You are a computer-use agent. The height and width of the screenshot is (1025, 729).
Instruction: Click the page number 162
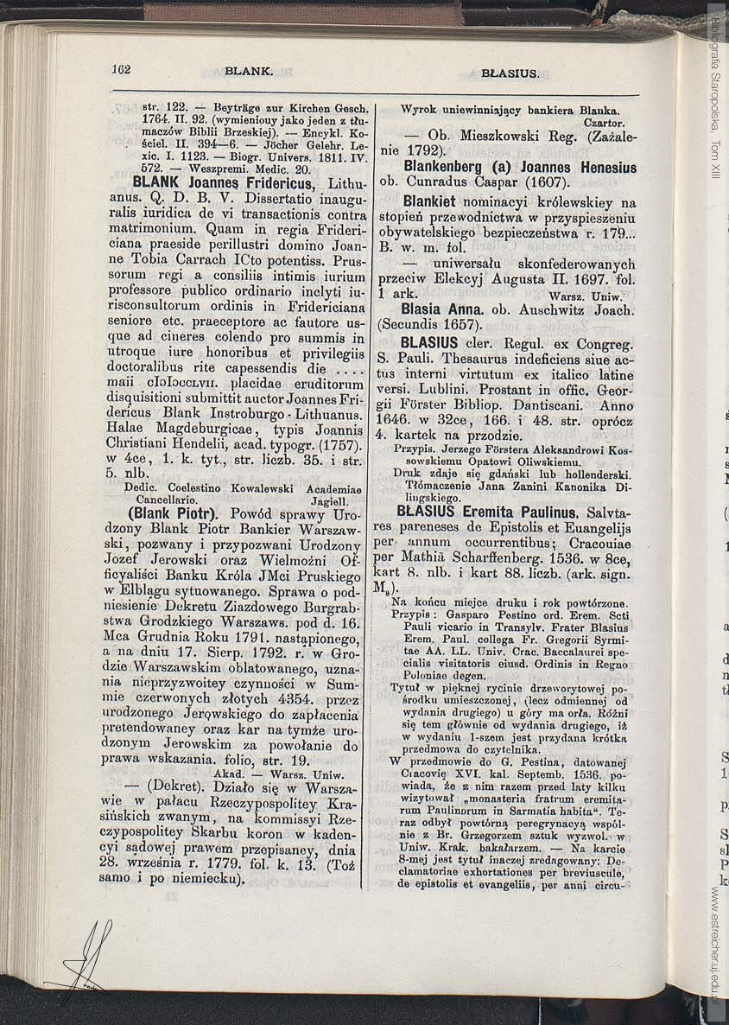tap(121, 69)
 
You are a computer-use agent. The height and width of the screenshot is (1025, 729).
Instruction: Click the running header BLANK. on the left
tap(249, 73)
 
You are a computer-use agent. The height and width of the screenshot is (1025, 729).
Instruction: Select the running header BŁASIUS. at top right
tap(509, 74)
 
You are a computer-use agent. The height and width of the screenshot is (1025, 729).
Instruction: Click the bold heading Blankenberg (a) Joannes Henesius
tap(520, 168)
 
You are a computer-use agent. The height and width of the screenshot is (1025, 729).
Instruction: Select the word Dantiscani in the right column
tap(535, 404)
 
